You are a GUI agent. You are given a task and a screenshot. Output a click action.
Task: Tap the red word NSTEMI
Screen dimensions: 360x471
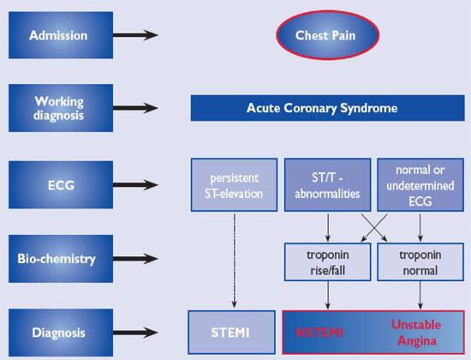tap(319, 327)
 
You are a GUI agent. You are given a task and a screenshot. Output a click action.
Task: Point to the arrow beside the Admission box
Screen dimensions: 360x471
tap(136, 36)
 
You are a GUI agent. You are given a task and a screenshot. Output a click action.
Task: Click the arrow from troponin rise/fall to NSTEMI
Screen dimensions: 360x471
tap(326, 293)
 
